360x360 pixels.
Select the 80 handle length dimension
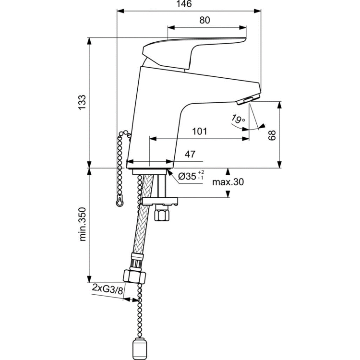coord(204,20)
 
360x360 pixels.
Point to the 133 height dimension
coord(82,103)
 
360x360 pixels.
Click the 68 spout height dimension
coord(273,135)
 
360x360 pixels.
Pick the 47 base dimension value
coord(190,154)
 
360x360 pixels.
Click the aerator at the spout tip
coord(248,99)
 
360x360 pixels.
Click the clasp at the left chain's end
coord(119,201)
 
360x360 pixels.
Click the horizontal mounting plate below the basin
coord(159,201)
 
